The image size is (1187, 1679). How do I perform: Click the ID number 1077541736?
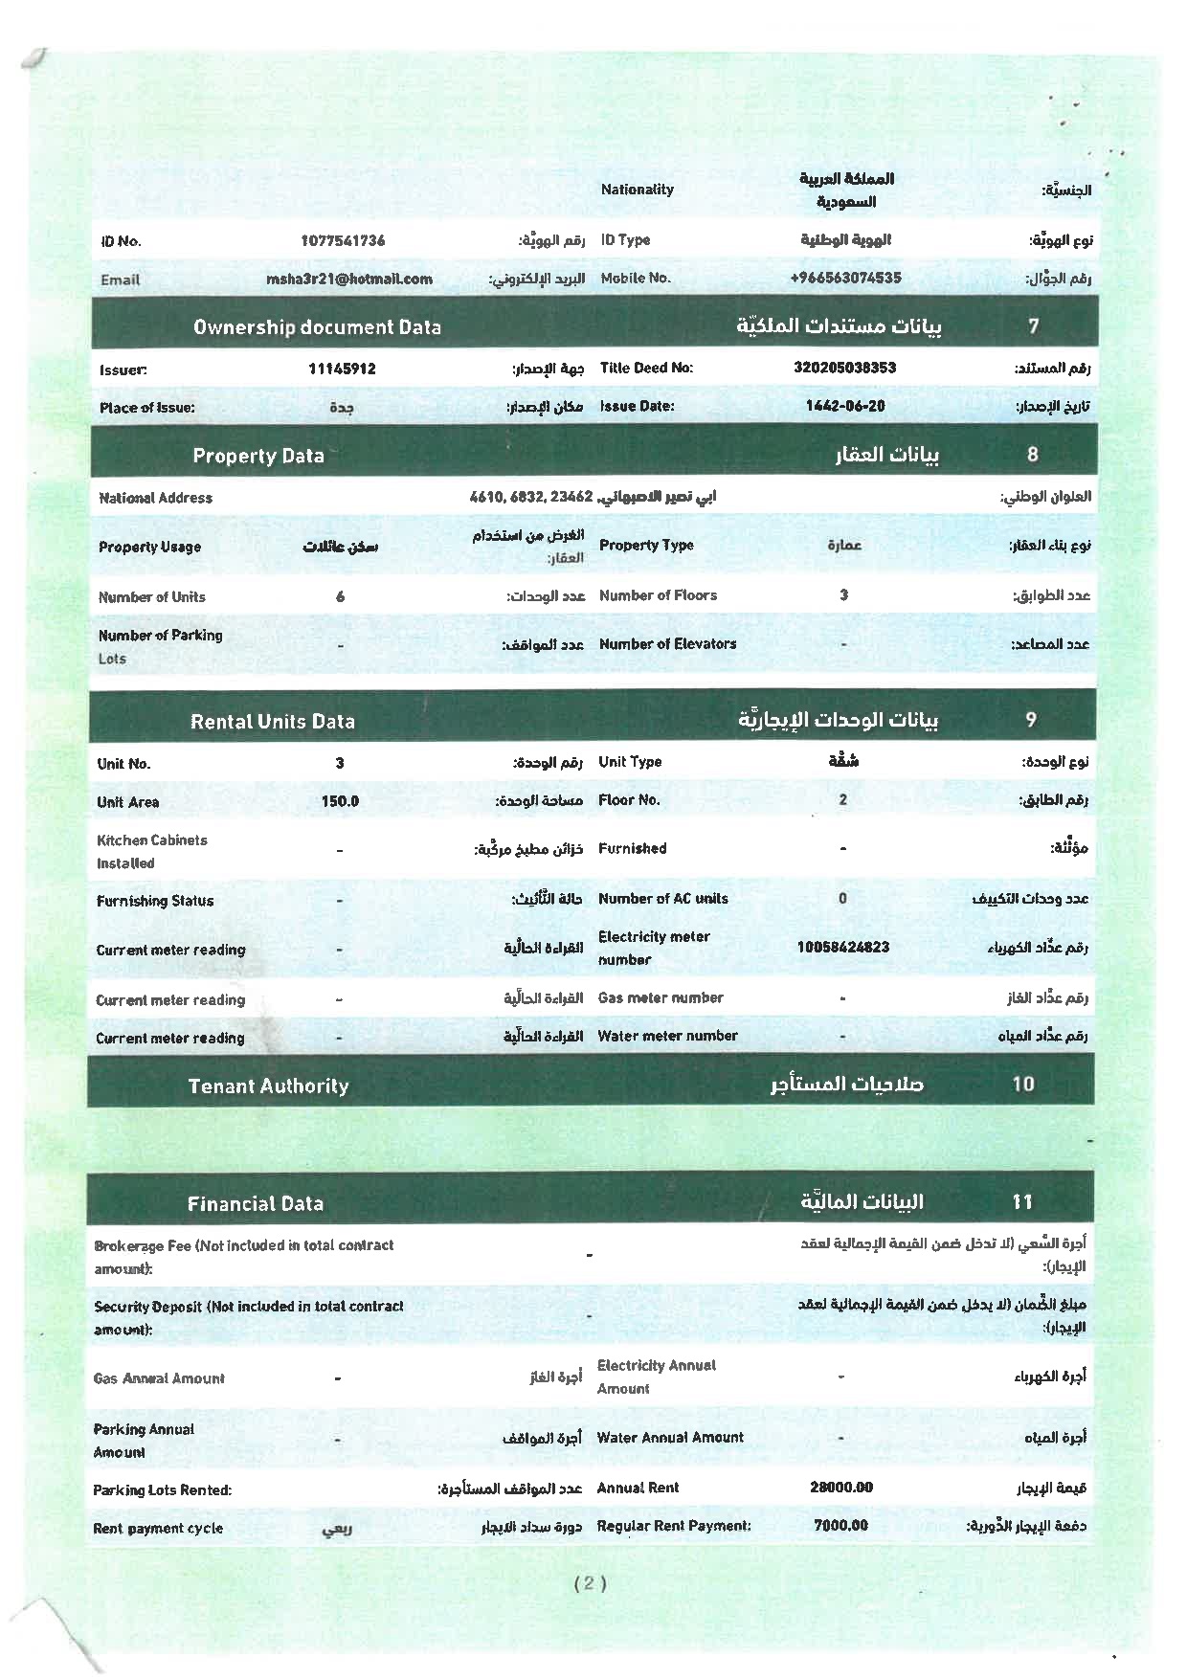tap(343, 240)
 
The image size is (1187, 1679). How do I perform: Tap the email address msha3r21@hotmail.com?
tap(349, 280)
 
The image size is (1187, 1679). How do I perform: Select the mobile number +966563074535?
tap(845, 279)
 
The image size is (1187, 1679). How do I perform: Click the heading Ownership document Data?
tap(317, 327)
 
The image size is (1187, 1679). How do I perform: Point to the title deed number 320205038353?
tap(844, 368)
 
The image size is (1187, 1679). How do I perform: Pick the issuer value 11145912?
tap(342, 369)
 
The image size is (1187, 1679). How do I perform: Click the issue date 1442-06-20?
tap(844, 406)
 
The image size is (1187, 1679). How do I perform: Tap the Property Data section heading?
tap(258, 456)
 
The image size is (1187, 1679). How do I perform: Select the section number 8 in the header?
tap(1032, 455)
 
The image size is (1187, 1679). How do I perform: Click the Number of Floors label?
tap(658, 595)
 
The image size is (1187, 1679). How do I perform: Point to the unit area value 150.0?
tap(340, 801)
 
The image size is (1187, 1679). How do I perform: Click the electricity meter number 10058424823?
tap(842, 948)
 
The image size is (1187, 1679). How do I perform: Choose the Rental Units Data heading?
tap(273, 722)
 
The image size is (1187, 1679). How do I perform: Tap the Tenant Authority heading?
tap(268, 1086)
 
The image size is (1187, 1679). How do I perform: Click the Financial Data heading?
tap(256, 1204)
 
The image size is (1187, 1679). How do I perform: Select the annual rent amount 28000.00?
tap(841, 1488)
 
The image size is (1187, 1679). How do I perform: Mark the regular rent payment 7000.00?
tap(840, 1526)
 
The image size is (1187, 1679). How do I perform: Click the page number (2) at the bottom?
tap(590, 1583)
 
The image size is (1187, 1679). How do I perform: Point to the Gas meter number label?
tap(661, 997)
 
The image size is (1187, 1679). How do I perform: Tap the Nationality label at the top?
tap(638, 190)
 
